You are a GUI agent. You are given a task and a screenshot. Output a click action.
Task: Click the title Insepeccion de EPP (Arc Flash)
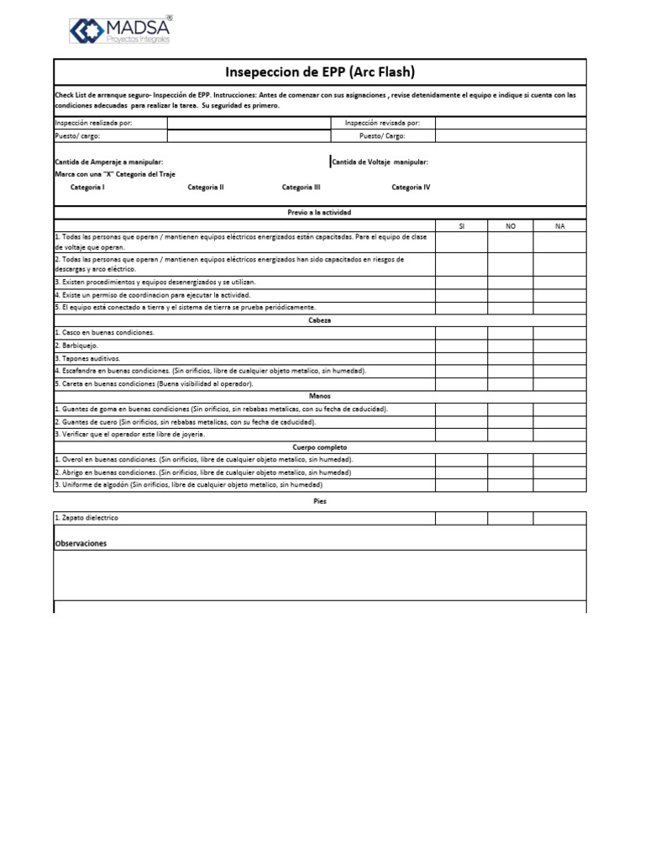tap(320, 72)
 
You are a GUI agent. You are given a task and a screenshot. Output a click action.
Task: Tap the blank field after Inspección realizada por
tap(249, 123)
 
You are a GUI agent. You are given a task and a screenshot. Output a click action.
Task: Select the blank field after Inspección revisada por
tap(511, 123)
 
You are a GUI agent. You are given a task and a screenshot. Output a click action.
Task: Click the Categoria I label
tap(87, 188)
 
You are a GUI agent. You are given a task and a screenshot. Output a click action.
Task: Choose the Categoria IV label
tap(411, 188)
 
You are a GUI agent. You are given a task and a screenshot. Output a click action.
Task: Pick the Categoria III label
tap(301, 188)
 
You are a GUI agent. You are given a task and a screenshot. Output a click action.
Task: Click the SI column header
tap(461, 225)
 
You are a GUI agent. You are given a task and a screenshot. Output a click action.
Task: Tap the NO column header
tap(511, 225)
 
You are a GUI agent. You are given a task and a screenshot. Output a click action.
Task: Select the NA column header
tap(560, 225)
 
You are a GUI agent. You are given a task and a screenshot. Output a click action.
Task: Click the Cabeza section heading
tap(320, 320)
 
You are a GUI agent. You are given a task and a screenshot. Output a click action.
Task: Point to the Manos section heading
tap(320, 396)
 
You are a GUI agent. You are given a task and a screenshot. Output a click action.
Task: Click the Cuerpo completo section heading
tap(320, 447)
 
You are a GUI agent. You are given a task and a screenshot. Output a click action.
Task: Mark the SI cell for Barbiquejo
tap(461, 346)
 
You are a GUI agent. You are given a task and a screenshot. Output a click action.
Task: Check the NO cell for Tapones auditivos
tap(511, 358)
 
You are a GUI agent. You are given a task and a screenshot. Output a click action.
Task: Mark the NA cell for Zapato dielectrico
tap(560, 518)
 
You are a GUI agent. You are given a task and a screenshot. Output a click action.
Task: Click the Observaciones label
tap(81, 544)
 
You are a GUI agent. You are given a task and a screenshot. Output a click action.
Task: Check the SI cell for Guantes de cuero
tap(461, 421)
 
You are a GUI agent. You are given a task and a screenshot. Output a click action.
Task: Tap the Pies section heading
tap(320, 501)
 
